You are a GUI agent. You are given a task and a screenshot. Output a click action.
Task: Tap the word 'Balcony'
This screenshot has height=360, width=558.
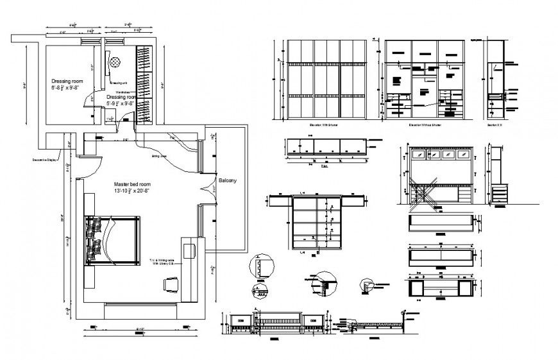(227, 181)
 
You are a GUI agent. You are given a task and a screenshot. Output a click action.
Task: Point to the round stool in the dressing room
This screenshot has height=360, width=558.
(115, 62)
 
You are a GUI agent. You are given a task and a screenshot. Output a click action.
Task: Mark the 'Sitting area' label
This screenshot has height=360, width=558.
(159, 155)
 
